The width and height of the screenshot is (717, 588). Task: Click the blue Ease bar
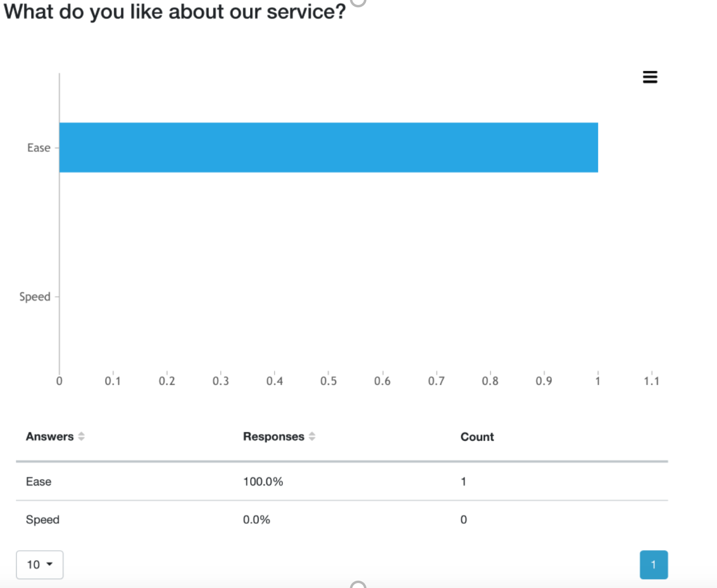[x=328, y=147]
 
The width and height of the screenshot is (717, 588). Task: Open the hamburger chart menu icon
[x=650, y=77]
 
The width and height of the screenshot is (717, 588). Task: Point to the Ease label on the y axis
[x=39, y=148]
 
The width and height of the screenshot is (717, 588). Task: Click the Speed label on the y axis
[x=34, y=297]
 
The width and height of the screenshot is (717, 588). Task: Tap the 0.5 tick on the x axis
[x=328, y=381]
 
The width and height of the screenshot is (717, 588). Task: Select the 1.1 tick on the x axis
[x=651, y=381]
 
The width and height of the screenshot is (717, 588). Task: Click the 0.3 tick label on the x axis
[x=221, y=381]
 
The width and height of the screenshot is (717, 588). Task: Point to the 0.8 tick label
[x=490, y=381]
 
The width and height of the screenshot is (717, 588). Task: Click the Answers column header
[x=49, y=436]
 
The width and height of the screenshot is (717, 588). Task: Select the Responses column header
[x=273, y=436]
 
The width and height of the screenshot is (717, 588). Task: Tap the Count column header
[x=477, y=437]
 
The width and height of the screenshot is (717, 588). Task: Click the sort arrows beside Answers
[x=81, y=436]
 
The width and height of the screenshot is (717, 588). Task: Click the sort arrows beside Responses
[x=312, y=436]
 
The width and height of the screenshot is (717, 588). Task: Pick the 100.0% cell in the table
[x=263, y=482]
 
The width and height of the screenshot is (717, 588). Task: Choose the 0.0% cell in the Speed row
[x=256, y=520]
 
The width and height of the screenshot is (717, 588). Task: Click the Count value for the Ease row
[x=463, y=482]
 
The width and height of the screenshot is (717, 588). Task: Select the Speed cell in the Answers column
[x=42, y=520]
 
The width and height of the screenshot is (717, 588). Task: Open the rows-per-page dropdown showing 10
[x=40, y=565]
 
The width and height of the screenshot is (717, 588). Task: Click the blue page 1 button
[x=654, y=565]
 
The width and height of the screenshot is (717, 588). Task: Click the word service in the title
[x=306, y=12]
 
